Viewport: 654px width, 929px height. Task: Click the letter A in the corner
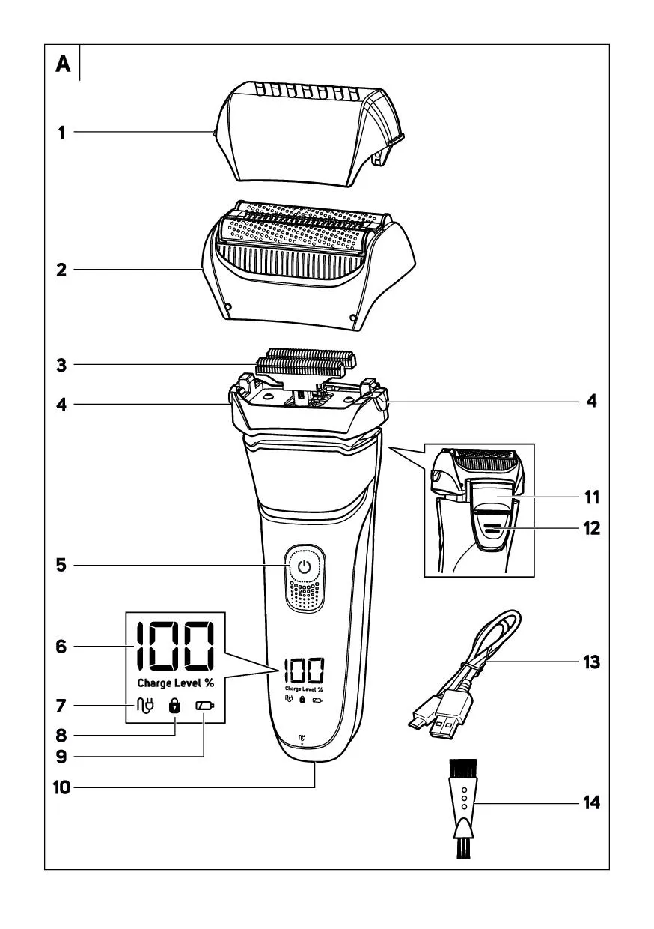click(63, 65)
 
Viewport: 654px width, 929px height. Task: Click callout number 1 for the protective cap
click(63, 133)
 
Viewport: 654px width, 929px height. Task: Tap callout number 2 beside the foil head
click(62, 270)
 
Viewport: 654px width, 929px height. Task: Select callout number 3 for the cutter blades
click(62, 366)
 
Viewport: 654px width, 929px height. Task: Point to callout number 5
click(62, 565)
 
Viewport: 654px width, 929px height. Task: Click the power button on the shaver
click(304, 567)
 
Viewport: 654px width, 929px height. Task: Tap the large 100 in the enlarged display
click(174, 647)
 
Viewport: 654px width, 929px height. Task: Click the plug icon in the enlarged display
click(145, 706)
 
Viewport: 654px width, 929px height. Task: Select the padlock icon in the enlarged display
click(175, 706)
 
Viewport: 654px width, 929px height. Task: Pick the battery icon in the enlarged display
click(204, 706)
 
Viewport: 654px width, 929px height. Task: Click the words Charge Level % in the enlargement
click(175, 683)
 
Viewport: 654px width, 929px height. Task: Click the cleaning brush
click(463, 806)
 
